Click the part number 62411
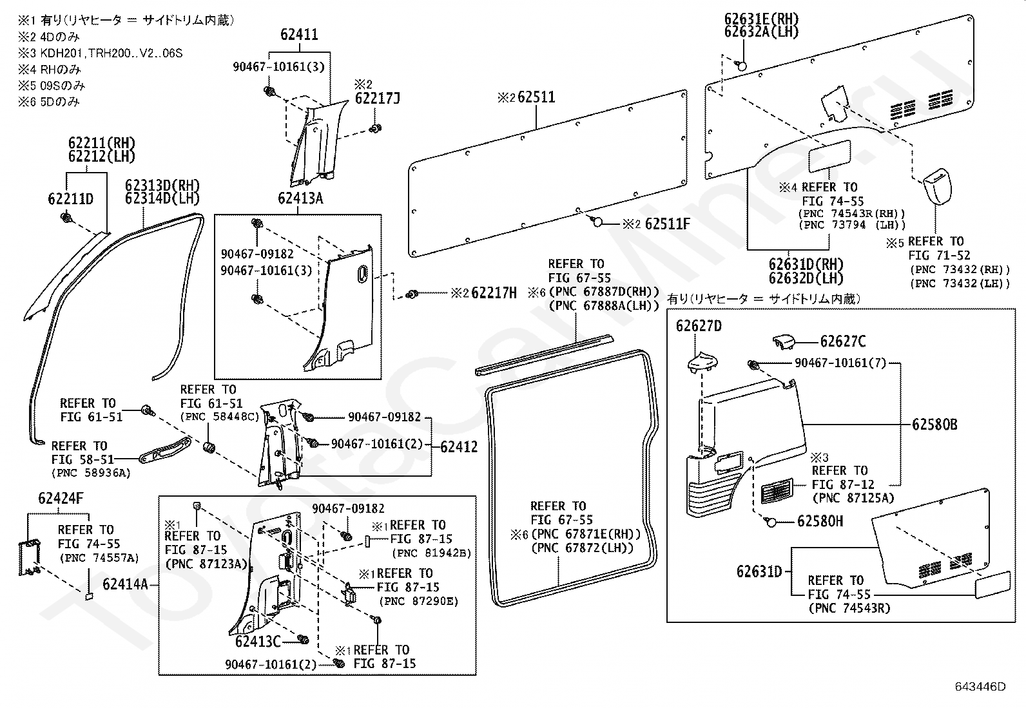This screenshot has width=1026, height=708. pyautogui.click(x=299, y=34)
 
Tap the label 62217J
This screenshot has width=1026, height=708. pyautogui.click(x=378, y=99)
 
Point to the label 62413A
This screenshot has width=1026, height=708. pyautogui.click(x=300, y=198)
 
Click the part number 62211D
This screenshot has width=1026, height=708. pyautogui.click(x=70, y=199)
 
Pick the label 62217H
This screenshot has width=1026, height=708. pyautogui.click(x=494, y=292)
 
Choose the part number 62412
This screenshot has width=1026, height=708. pyautogui.click(x=459, y=447)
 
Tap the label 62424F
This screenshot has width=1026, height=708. pyautogui.click(x=61, y=498)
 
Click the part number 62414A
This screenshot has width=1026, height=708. pyautogui.click(x=126, y=584)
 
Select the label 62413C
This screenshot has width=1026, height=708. pyautogui.click(x=258, y=642)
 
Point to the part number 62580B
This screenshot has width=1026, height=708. pyautogui.click(x=934, y=425)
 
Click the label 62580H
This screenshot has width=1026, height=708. pyautogui.click(x=820, y=521)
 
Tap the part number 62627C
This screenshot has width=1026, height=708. pyautogui.click(x=843, y=341)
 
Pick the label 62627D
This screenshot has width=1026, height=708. pyautogui.click(x=699, y=326)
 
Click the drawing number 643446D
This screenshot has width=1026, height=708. pyautogui.click(x=980, y=687)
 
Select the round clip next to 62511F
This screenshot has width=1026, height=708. pyautogui.click(x=597, y=222)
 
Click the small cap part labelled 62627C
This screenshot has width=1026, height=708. pyautogui.click(x=783, y=342)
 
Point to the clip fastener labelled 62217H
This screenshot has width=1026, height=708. pyautogui.click(x=412, y=294)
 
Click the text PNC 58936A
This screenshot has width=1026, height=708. pyautogui.click(x=91, y=473)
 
